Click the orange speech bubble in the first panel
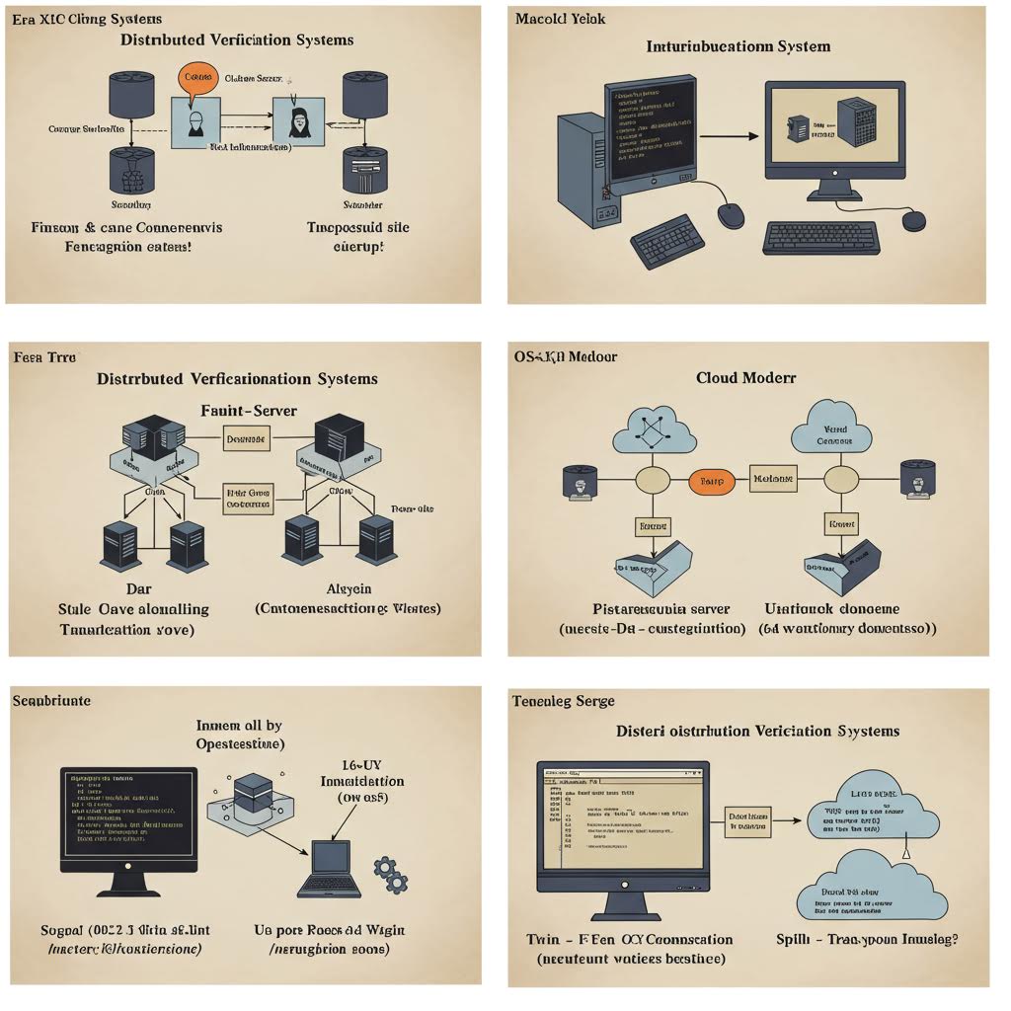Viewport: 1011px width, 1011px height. pos(198,78)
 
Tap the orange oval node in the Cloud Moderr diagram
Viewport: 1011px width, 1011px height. pos(711,481)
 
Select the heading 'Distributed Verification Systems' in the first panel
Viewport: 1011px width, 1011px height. pos(237,40)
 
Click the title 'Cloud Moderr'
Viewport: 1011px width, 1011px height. pos(746,377)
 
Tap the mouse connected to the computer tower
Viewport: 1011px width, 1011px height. pos(731,215)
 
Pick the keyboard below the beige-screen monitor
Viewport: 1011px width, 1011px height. pos(820,238)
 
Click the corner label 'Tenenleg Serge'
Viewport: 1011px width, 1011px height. pos(563,701)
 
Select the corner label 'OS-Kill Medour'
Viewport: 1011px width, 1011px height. pos(566,355)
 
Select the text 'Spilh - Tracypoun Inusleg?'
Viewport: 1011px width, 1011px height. pos(867,939)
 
